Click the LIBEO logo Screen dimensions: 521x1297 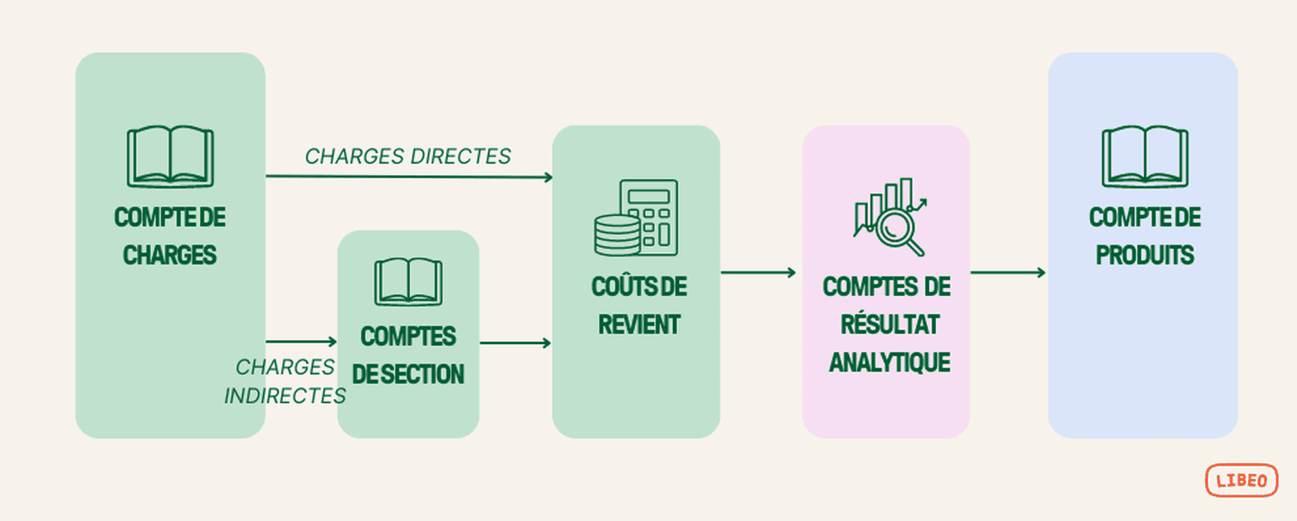tap(1241, 480)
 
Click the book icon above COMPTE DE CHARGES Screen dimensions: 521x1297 tap(170, 156)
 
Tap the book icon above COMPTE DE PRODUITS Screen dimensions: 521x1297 tap(1145, 156)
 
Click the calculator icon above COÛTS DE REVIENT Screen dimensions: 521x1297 tap(648, 216)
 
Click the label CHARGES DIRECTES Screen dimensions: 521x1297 tap(407, 156)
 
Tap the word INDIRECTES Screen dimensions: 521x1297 tap(284, 395)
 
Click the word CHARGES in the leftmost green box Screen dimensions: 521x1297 tap(170, 255)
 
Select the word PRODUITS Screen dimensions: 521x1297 tap(1144, 255)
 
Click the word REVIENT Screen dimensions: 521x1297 tap(638, 325)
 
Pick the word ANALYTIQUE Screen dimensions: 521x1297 tap(889, 363)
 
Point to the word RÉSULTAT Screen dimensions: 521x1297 tap(889, 325)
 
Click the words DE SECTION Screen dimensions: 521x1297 tap(408, 374)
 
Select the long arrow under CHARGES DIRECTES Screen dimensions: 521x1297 tap(409, 177)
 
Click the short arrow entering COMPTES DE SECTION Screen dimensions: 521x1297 tap(301, 341)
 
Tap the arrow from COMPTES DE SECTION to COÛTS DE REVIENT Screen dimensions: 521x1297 tap(515, 343)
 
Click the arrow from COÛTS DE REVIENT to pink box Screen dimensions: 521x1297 tap(758, 272)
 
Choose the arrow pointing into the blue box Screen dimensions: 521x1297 tap(1007, 272)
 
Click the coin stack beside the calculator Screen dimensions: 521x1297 tap(616, 234)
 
